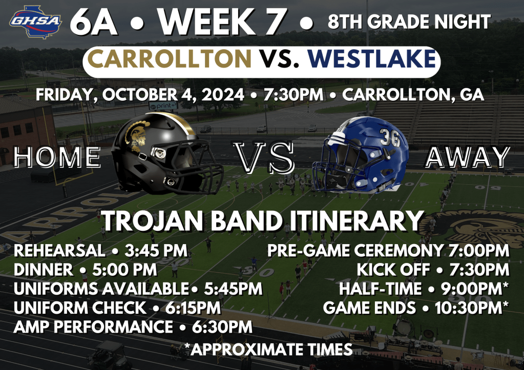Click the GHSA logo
35,21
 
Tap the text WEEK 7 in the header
222,21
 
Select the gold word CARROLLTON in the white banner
169,59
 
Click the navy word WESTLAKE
372,59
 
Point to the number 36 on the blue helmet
390,137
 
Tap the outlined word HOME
57,157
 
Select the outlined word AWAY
468,157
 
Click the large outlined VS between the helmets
264,157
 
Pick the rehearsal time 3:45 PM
156,251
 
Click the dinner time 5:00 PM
124,270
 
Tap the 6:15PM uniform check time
193,308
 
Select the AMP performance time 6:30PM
222,327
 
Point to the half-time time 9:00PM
474,289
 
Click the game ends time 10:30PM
472,308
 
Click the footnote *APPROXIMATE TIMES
268,350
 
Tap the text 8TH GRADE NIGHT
409,21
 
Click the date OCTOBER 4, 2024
173,95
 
